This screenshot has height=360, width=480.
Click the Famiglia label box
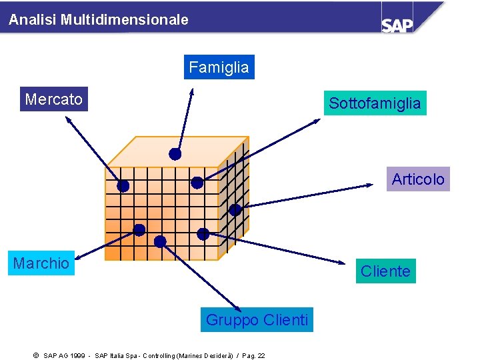coord(219,67)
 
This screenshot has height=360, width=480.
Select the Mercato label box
coord(54,100)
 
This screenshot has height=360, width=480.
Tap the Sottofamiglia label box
coord(375,103)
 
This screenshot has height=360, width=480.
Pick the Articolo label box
coord(418,179)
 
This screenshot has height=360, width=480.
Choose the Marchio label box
coord(41,263)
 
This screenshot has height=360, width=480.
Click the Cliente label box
coord(385,271)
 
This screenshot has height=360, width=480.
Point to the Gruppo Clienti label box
coord(257,321)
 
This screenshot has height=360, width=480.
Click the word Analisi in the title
coord(33,20)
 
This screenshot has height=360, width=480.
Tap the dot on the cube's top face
coord(175,154)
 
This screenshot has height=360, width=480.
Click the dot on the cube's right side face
coord(235,209)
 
